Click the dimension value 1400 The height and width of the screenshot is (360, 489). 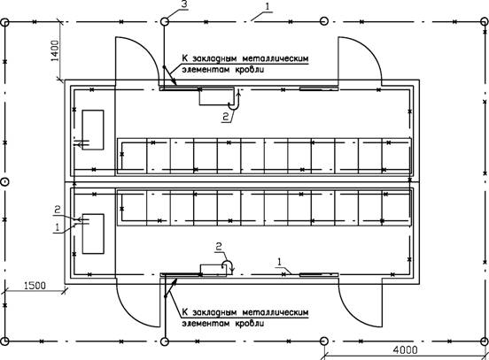(54, 50)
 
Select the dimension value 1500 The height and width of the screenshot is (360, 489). (35, 286)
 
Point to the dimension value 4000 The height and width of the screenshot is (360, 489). (405, 350)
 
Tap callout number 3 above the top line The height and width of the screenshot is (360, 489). (184, 5)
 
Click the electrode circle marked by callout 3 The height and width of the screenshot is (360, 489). (165, 21)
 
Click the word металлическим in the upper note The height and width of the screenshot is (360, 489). (275, 58)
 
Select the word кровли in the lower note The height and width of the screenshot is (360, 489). (249, 323)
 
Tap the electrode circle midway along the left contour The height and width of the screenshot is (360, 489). (4, 182)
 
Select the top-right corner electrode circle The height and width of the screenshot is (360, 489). (485, 22)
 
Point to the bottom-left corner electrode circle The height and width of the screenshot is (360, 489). (4, 341)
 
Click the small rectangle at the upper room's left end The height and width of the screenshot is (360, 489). (93, 130)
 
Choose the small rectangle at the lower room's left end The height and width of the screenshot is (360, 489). (93, 234)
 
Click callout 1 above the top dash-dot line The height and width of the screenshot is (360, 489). (268, 6)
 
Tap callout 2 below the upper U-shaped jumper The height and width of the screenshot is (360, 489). (226, 116)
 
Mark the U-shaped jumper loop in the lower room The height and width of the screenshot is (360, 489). (228, 266)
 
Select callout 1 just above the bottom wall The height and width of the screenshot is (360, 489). (279, 262)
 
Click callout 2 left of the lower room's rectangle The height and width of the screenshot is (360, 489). (58, 210)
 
